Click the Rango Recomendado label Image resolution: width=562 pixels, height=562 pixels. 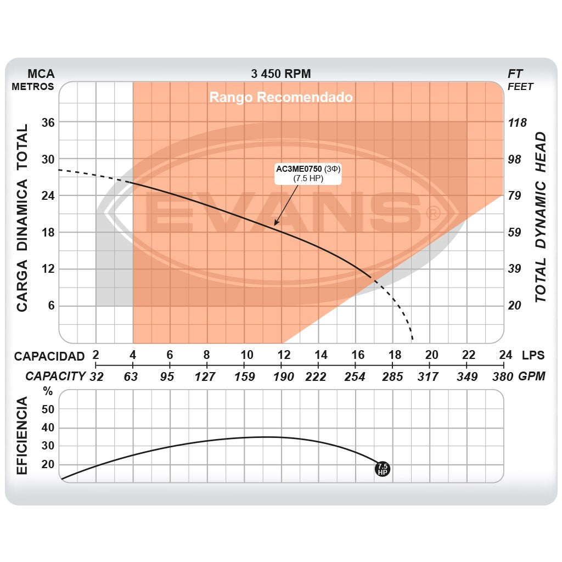[280, 98]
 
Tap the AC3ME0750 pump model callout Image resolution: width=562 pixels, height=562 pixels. [309, 173]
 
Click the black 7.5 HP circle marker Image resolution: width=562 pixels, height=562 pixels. [383, 469]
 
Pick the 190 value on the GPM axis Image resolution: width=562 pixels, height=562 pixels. [283, 376]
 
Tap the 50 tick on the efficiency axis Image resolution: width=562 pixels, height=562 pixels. [48, 409]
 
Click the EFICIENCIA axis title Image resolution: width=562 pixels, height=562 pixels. [22, 437]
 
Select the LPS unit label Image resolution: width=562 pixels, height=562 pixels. [533, 355]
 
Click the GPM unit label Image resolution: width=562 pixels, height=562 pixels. [532, 376]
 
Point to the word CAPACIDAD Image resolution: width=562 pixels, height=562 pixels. [49, 356]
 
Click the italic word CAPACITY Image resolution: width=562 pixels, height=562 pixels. [55, 376]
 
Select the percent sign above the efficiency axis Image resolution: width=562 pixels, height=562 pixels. [48, 392]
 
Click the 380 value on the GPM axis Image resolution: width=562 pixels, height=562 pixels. [503, 376]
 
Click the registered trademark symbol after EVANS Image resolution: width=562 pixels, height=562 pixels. [432, 212]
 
